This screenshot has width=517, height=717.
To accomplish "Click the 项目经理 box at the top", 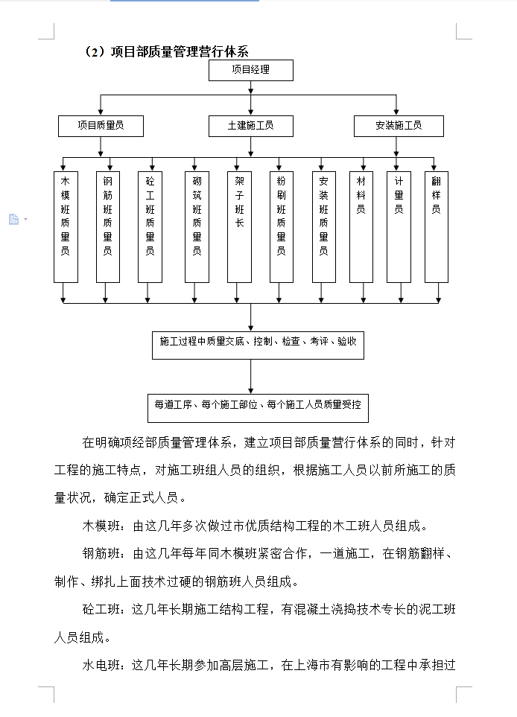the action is (x=251, y=70).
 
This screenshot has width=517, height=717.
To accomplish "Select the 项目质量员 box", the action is (x=101, y=126).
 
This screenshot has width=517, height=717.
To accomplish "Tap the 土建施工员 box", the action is (x=251, y=126).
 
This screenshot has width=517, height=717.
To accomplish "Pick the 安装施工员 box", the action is (x=399, y=126).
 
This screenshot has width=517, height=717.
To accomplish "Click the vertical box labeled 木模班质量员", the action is (x=66, y=227).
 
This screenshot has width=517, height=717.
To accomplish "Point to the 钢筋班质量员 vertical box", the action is (x=108, y=227).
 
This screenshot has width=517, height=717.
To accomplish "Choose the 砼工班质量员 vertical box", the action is (x=150, y=227).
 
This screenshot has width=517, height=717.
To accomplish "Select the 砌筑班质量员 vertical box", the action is (x=197, y=227).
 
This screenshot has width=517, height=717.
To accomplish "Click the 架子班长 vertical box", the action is (x=239, y=227).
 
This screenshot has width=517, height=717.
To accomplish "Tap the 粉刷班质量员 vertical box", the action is (x=282, y=227).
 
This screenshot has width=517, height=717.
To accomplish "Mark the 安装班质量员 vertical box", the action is (x=324, y=227).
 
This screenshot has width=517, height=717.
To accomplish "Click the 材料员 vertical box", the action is (x=361, y=227).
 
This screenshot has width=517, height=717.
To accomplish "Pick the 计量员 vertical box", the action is (x=399, y=227).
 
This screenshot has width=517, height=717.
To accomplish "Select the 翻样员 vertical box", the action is (x=437, y=227).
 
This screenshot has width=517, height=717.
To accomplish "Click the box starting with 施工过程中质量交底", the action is (x=258, y=345).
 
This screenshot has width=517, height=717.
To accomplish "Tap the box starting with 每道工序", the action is (x=258, y=408).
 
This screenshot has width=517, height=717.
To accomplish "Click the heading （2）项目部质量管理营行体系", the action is (x=166, y=51).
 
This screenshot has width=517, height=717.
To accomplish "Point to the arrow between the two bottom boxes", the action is (x=251, y=377).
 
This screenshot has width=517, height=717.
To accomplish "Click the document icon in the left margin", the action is (x=14, y=220).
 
